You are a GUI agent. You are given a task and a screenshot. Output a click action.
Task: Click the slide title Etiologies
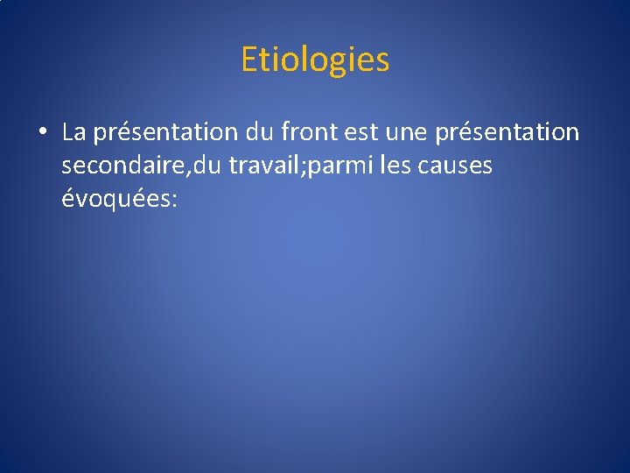pyautogui.click(x=315, y=60)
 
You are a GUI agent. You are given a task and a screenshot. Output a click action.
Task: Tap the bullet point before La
pyautogui.click(x=41, y=133)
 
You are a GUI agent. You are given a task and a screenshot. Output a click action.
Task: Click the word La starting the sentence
pyautogui.click(x=74, y=132)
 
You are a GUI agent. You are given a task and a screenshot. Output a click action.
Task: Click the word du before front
pyautogui.click(x=261, y=132)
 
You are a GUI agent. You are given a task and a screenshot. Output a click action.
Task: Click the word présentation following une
pyautogui.click(x=507, y=133)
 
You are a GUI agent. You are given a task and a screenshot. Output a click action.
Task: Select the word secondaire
pyautogui.click(x=118, y=166)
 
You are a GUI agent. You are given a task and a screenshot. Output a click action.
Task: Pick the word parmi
pyautogui.click(x=328, y=166)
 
